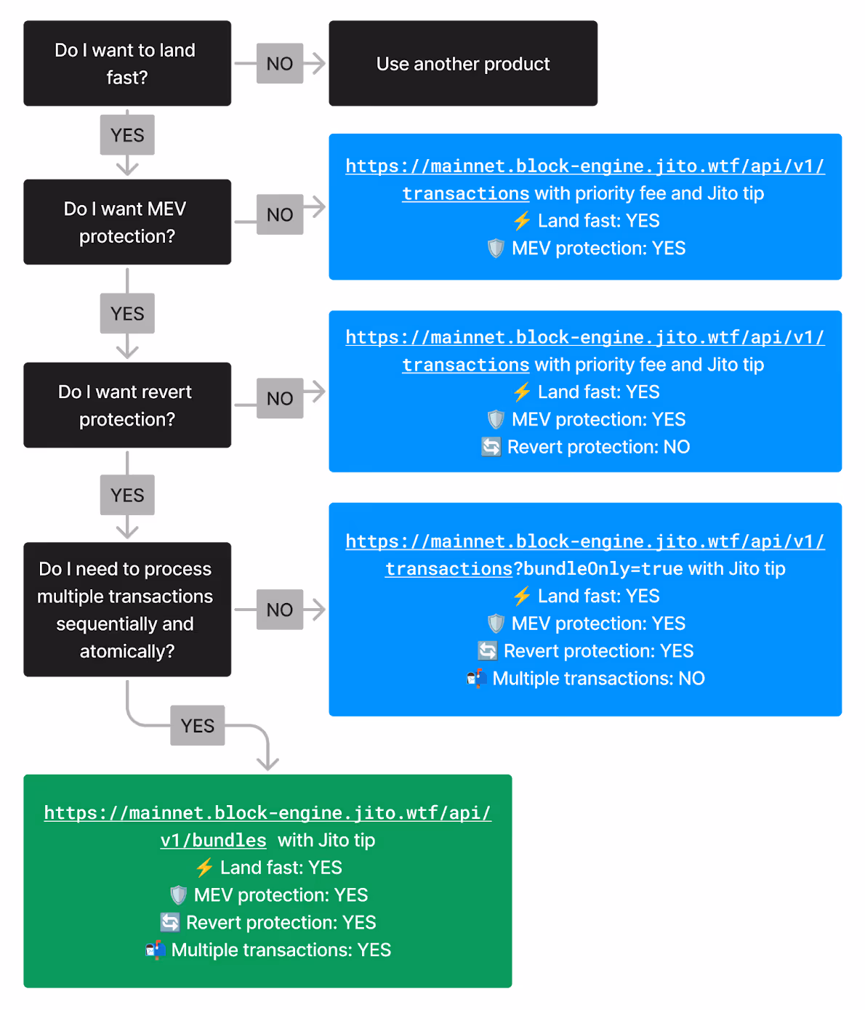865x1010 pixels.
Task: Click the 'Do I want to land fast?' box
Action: click(x=127, y=63)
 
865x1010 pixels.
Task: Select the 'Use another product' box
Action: click(x=463, y=63)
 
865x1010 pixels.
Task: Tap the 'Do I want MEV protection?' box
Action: click(x=127, y=222)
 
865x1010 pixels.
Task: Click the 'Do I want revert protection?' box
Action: click(x=127, y=405)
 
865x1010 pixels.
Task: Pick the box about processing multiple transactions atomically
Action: click(x=127, y=610)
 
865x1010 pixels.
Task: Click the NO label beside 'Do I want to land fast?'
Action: click(x=280, y=63)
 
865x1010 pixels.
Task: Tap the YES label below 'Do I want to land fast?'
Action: click(x=127, y=135)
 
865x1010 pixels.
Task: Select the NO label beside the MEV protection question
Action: click(x=280, y=214)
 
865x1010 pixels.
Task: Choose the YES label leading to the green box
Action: click(x=198, y=725)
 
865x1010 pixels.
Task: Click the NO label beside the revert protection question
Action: click(x=280, y=398)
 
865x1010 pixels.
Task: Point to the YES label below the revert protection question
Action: click(x=127, y=495)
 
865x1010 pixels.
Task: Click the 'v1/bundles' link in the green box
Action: click(x=214, y=840)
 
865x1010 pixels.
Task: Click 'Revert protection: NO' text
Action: click(x=598, y=447)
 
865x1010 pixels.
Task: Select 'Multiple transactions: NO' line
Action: click(x=598, y=678)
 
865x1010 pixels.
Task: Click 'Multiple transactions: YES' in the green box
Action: click(x=281, y=950)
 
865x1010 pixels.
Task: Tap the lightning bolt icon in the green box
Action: click(x=204, y=868)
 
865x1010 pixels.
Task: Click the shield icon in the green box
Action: click(x=178, y=895)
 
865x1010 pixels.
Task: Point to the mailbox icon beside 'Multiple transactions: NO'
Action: click(x=477, y=678)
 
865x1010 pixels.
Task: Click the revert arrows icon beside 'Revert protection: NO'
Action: click(x=491, y=447)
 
